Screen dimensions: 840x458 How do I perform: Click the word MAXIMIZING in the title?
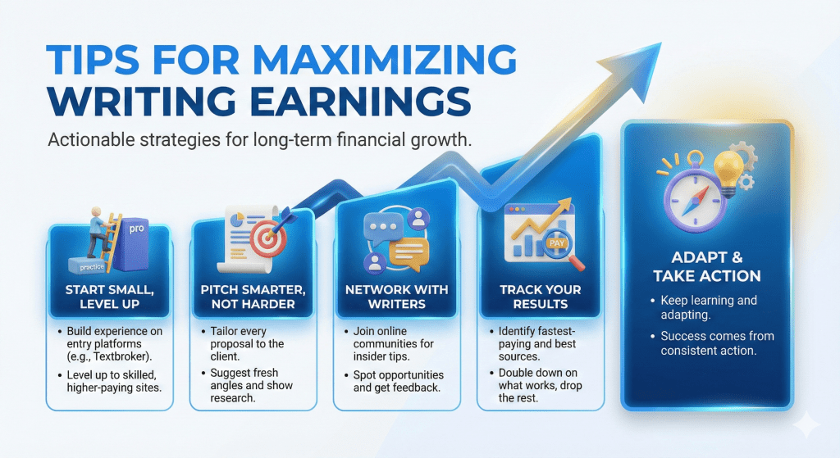(x=385, y=59)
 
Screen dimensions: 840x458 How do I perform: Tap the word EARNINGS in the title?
(x=361, y=101)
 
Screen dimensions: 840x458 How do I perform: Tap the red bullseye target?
(x=265, y=240)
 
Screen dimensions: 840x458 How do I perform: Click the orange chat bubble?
(x=409, y=252)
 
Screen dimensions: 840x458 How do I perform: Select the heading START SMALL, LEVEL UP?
(x=109, y=297)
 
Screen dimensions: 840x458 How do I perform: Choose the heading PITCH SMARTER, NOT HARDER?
(x=253, y=297)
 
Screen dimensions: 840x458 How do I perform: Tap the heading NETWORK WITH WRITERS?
(x=396, y=297)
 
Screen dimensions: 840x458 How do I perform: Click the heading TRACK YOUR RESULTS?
(x=540, y=297)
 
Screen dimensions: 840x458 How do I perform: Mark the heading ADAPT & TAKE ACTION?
(x=706, y=266)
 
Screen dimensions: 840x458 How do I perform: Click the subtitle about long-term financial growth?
(x=260, y=140)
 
